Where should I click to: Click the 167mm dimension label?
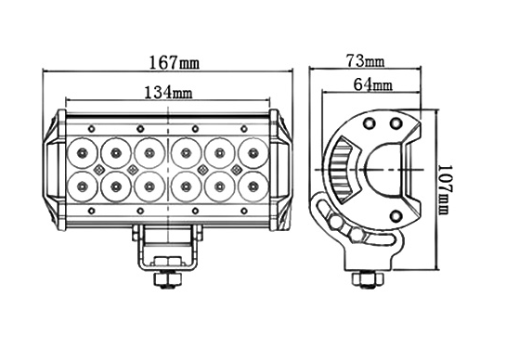click(x=175, y=62)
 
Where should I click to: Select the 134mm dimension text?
click(x=168, y=92)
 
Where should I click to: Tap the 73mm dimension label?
click(x=365, y=61)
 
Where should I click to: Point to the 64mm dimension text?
click(x=373, y=84)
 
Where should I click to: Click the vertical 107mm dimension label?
click(x=445, y=189)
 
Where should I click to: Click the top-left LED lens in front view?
click(x=82, y=153)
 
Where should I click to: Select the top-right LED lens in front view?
click(x=253, y=153)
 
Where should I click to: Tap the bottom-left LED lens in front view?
click(x=82, y=186)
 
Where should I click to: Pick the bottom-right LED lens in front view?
click(x=253, y=186)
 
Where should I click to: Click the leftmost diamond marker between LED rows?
click(x=99, y=170)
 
